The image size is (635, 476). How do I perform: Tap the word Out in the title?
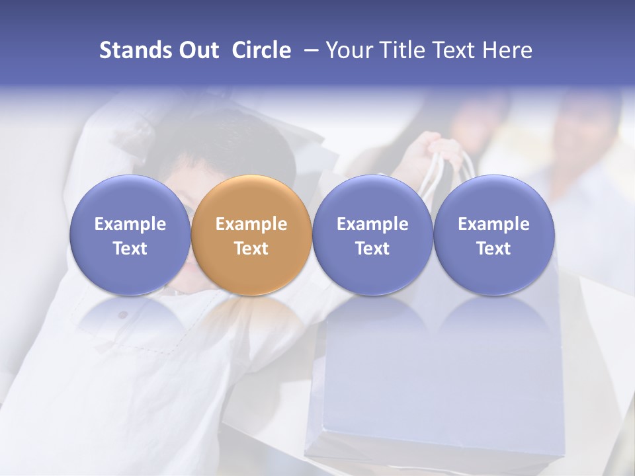point(198,51)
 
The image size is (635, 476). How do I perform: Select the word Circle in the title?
point(261,51)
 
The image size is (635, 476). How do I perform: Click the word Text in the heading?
point(454,51)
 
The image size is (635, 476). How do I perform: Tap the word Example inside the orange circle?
point(251,224)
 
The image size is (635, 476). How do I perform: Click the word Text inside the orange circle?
point(251,249)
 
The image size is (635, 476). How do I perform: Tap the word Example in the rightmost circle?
point(494,224)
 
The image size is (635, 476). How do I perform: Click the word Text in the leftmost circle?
point(130,249)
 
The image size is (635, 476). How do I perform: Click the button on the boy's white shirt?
point(122,315)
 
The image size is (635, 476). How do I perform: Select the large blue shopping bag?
point(437,383)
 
